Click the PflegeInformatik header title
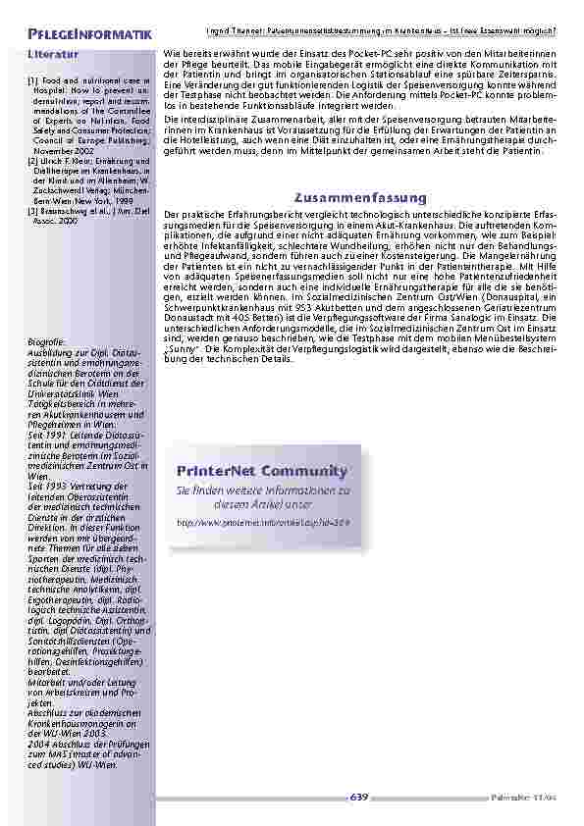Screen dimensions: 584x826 (89, 35)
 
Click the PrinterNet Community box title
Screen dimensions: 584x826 (262, 470)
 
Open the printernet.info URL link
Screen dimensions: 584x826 (262, 523)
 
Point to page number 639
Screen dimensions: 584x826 (359, 797)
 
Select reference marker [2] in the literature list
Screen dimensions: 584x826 (33, 160)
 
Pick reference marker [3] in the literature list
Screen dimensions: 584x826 (33, 210)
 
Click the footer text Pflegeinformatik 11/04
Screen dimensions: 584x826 (516, 797)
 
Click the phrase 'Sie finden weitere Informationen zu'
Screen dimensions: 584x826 (262, 490)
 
